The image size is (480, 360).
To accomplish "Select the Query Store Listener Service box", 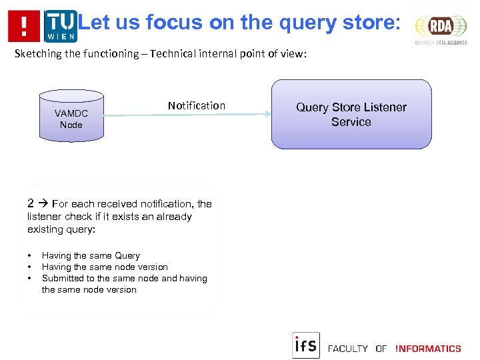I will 351,114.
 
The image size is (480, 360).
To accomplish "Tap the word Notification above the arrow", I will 197,105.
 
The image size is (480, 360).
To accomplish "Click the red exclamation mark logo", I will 24,26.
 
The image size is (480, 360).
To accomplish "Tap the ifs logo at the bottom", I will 306,345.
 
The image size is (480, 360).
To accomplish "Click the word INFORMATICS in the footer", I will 428,348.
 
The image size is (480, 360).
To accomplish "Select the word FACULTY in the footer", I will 347,348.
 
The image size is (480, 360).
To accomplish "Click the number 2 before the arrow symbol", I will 31,204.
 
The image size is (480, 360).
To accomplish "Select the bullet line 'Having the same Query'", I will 91,255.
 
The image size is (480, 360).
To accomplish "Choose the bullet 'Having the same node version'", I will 105,267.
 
